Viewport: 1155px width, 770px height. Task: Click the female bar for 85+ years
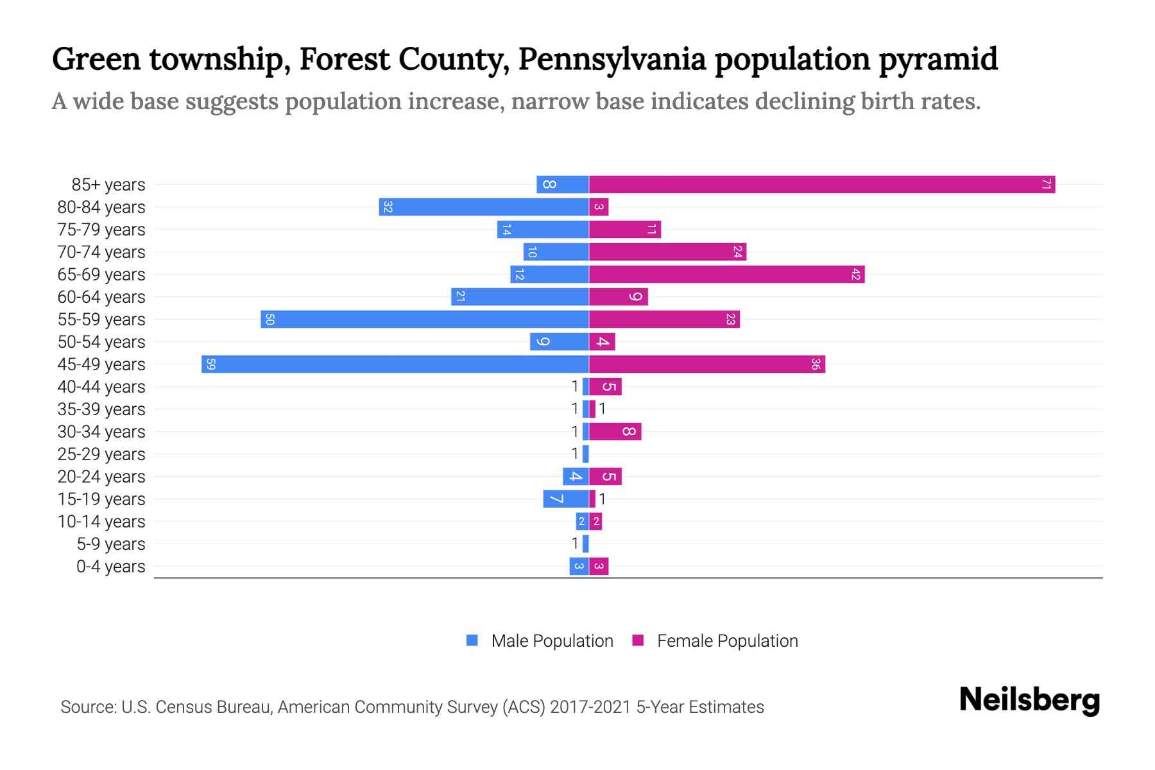click(x=821, y=185)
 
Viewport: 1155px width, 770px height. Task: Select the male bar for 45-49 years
click(x=395, y=364)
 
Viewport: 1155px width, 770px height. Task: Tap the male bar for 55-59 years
click(x=424, y=320)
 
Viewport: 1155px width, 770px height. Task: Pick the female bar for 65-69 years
click(x=726, y=275)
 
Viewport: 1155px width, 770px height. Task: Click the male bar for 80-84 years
click(x=483, y=207)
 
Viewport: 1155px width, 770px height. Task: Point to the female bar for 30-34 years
click(x=615, y=432)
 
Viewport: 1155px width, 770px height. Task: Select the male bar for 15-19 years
click(x=565, y=499)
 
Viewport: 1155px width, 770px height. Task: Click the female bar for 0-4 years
click(x=599, y=567)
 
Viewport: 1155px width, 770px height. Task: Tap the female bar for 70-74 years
click(x=667, y=252)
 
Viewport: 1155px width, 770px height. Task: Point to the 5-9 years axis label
click(x=111, y=544)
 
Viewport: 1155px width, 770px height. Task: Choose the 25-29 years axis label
click(x=101, y=454)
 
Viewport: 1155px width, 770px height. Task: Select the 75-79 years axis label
click(x=101, y=230)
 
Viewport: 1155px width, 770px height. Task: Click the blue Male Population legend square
click(x=472, y=640)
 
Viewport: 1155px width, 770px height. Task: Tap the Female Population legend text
click(x=727, y=641)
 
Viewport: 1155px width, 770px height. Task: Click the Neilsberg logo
click(x=1029, y=700)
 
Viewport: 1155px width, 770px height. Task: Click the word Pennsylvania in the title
click(x=612, y=59)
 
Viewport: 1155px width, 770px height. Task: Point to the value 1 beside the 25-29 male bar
click(x=575, y=454)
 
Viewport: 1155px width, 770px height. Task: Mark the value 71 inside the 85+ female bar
click(x=1045, y=185)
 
